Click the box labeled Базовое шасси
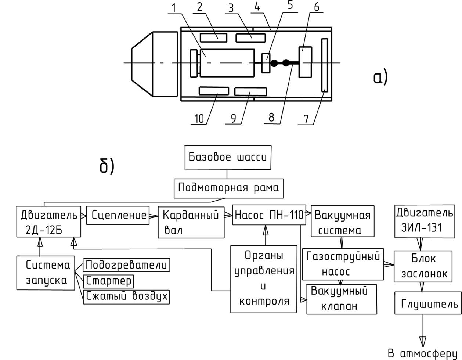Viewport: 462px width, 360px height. click(x=227, y=158)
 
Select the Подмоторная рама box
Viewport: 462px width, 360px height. click(x=228, y=188)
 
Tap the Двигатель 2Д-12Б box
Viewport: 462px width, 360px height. click(x=49, y=222)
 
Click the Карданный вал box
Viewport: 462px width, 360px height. click(x=191, y=222)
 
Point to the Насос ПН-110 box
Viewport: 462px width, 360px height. click(x=269, y=215)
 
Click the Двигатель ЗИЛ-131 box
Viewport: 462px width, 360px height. click(x=424, y=220)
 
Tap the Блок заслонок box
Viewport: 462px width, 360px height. click(x=423, y=266)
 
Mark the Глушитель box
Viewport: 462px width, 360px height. click(x=428, y=303)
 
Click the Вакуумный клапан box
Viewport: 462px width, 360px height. click(x=342, y=299)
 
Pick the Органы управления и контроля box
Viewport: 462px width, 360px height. click(x=264, y=278)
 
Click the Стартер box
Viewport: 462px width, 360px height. click(x=109, y=281)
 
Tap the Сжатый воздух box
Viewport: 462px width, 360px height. click(x=127, y=296)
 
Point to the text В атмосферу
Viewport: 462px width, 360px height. click(x=423, y=353)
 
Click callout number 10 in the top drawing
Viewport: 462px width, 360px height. click(x=199, y=119)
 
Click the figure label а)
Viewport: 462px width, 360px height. click(x=380, y=78)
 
